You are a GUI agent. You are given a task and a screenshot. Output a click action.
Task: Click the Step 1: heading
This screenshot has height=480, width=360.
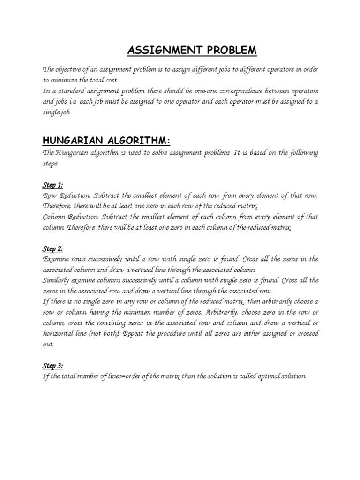click(53, 185)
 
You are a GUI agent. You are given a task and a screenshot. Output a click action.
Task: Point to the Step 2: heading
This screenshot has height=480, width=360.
click(53, 249)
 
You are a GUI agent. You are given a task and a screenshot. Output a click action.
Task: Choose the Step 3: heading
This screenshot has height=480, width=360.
click(53, 366)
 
